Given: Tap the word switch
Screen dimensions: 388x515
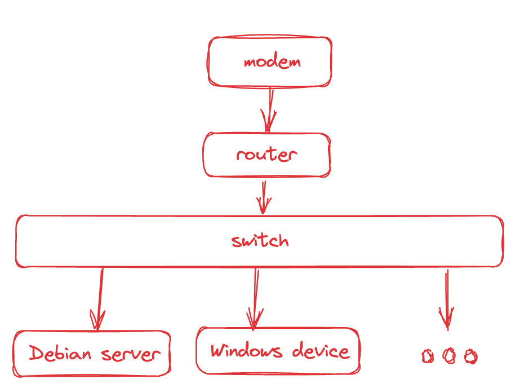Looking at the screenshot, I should coord(260,241).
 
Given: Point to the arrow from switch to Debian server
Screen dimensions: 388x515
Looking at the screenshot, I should coord(100,299).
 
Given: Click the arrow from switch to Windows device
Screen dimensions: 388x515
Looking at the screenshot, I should coord(255,299).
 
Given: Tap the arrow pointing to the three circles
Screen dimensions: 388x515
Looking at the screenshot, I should coord(447,299).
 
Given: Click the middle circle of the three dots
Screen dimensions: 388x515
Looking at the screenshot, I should coord(449,356).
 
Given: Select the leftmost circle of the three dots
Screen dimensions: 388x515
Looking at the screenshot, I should coord(428,356).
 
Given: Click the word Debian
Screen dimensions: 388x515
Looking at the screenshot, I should coord(60,354).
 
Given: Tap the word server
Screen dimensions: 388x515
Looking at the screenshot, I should coord(131,355).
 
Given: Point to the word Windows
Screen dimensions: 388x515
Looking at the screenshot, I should coord(246,351).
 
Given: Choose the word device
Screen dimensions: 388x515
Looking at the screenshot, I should coord(321,351).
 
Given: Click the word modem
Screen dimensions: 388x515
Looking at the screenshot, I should coord(272,61).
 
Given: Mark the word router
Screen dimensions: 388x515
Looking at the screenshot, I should coord(266,154).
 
